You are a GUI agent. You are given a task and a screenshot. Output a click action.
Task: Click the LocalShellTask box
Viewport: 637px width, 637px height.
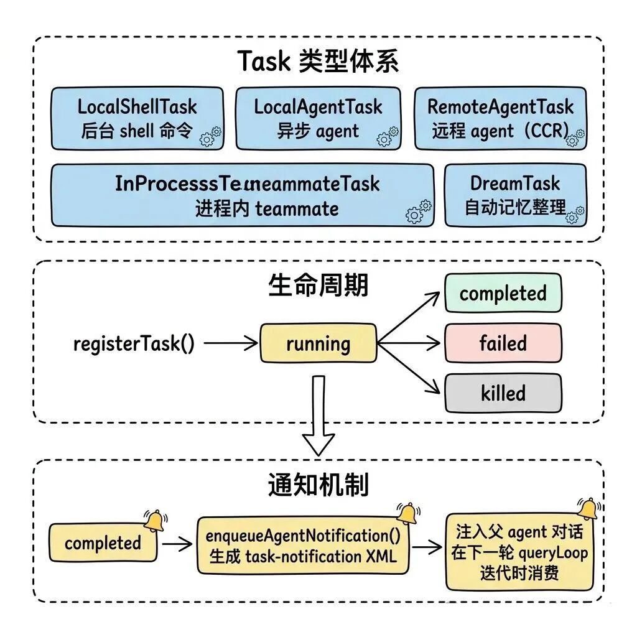[x=136, y=118]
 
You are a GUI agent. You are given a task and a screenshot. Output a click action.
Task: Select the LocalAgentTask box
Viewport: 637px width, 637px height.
[x=318, y=118]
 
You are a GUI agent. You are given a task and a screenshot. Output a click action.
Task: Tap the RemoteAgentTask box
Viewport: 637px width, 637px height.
[x=500, y=118]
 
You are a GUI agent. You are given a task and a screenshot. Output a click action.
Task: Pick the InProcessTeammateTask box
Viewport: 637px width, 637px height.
[x=242, y=195]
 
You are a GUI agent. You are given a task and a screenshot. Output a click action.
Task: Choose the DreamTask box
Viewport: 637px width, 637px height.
[x=515, y=195]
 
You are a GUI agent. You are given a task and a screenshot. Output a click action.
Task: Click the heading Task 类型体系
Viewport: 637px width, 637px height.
[x=318, y=62]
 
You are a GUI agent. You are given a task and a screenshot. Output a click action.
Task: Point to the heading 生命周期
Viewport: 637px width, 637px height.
[x=318, y=286]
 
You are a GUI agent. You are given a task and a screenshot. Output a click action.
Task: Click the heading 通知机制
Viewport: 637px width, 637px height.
[x=318, y=485]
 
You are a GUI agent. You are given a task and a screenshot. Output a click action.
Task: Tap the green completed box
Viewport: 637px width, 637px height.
[x=503, y=293]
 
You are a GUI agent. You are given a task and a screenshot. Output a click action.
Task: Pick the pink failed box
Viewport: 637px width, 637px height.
[x=503, y=343]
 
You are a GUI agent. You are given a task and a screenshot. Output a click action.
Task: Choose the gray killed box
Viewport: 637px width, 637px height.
[x=503, y=393]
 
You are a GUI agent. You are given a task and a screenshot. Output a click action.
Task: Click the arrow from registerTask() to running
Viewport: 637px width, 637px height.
[x=230, y=343]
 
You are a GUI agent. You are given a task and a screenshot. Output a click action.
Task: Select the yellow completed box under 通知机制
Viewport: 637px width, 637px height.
[x=103, y=543]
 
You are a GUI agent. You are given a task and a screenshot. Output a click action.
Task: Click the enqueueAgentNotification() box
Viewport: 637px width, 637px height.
[x=303, y=545]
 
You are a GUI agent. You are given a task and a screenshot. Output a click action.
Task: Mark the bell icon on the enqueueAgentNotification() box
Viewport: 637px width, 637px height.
[x=407, y=513]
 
